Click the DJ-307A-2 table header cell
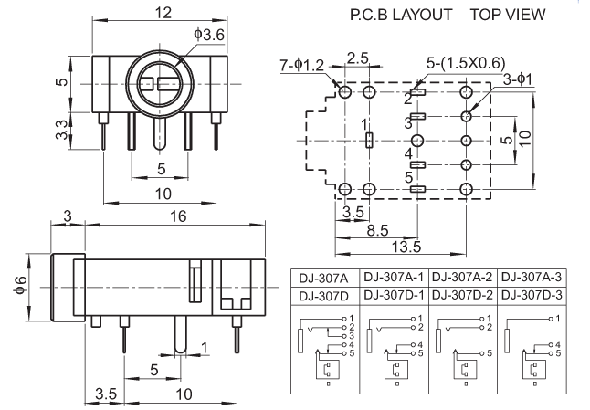(462, 278)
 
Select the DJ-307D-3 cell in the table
(532, 295)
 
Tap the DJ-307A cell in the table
(323, 279)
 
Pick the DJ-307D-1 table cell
(394, 295)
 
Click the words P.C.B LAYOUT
(401, 15)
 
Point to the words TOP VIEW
(508, 15)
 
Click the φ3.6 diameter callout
(209, 35)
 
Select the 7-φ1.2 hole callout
(301, 66)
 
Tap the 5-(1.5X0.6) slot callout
(466, 63)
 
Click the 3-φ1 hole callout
(518, 79)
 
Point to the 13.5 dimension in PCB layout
(406, 247)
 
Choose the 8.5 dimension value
(377, 230)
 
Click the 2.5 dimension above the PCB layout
(357, 58)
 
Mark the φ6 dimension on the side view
(21, 286)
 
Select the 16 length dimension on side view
(178, 216)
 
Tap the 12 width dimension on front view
(163, 13)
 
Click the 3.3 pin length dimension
(62, 130)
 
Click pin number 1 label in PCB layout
(364, 124)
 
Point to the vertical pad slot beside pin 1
(370, 141)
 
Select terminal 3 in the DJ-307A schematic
(352, 336)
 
